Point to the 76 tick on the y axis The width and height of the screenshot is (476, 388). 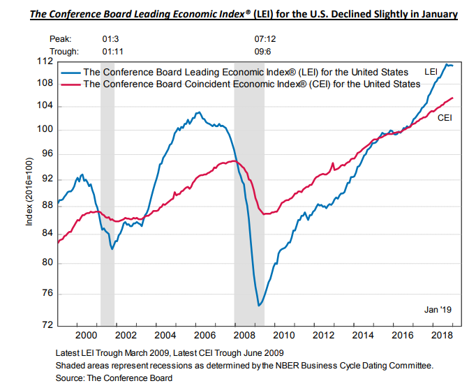pyautogui.click(x=47, y=294)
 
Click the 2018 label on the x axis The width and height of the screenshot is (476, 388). pyautogui.click(x=444, y=336)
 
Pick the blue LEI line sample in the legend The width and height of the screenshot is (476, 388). pyautogui.click(x=70, y=72)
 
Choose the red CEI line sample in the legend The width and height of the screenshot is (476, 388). pyautogui.click(x=70, y=84)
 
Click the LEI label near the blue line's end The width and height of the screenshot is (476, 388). pyautogui.click(x=431, y=72)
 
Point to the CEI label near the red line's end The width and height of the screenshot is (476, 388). pyautogui.click(x=445, y=118)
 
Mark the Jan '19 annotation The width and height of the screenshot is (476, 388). pyautogui.click(x=439, y=308)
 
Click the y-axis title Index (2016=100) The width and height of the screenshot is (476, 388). pyautogui.click(x=29, y=192)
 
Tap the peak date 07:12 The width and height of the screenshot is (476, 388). pyautogui.click(x=267, y=39)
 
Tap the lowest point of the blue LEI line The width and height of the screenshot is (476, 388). pyautogui.click(x=259, y=305)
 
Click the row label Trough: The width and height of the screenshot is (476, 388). pyautogui.click(x=65, y=51)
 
